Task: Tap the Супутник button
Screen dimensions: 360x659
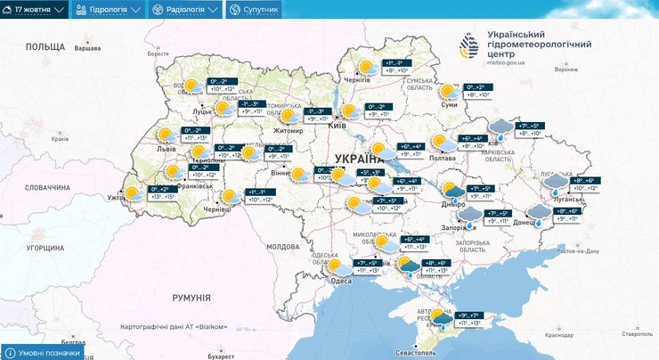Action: point(254,10)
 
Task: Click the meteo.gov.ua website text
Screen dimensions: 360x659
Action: point(507,62)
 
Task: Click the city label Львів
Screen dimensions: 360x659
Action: point(166,150)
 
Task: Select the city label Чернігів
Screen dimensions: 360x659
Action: point(357,79)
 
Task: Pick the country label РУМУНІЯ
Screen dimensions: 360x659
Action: point(191,299)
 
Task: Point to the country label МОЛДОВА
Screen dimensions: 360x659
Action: point(283,246)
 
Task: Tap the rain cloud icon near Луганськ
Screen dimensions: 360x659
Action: point(556,184)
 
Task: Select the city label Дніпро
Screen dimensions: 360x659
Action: point(453,205)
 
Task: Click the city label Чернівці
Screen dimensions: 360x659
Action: point(217,209)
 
